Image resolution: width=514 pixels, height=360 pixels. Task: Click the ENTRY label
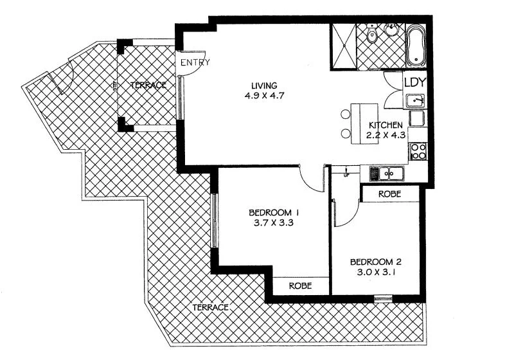195,63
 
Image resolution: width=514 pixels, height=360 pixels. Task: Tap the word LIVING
264,86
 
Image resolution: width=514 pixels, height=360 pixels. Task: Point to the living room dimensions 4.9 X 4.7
264,97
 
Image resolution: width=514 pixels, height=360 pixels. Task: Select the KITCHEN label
385,125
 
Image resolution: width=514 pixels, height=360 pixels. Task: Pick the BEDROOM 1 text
274,212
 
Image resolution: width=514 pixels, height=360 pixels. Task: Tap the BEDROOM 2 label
376,262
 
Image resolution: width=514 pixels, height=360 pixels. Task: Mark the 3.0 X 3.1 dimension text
376,273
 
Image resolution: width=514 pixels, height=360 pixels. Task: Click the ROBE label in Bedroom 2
391,194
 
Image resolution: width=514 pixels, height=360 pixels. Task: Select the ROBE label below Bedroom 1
300,286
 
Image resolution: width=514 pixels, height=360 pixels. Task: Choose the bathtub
416,44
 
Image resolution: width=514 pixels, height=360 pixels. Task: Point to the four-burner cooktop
418,151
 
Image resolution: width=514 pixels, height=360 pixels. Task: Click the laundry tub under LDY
416,101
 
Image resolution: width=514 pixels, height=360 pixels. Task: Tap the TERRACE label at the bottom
211,308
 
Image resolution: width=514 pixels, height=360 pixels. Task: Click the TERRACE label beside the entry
148,85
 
